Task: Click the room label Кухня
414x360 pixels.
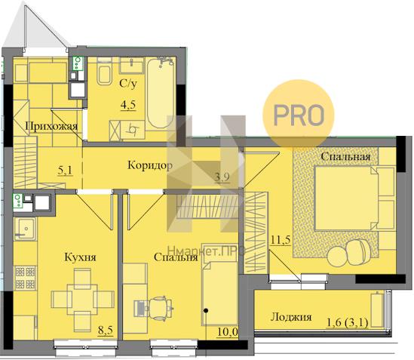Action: tap(80, 257)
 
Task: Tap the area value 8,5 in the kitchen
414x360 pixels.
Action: tap(106, 331)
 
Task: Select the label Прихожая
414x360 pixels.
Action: tap(51, 126)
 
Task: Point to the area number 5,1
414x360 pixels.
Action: tap(65, 171)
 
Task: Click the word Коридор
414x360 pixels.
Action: tap(150, 165)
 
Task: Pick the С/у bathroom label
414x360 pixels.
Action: tap(128, 84)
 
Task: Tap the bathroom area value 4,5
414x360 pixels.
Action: tap(128, 105)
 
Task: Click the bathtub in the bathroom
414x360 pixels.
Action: tap(161, 93)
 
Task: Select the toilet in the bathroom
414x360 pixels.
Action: tap(104, 72)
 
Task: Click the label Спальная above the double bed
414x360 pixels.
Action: tap(345, 156)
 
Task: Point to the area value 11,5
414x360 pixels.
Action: tap(281, 240)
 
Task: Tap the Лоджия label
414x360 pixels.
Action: tap(291, 317)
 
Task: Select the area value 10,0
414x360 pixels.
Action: tap(228, 331)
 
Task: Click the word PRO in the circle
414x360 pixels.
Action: tap(299, 115)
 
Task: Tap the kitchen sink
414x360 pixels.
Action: tap(24, 229)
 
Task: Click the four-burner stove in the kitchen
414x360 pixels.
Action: tap(26, 278)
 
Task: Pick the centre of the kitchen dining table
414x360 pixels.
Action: tap(82, 300)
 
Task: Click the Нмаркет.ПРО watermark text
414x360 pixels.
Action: tap(207, 251)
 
